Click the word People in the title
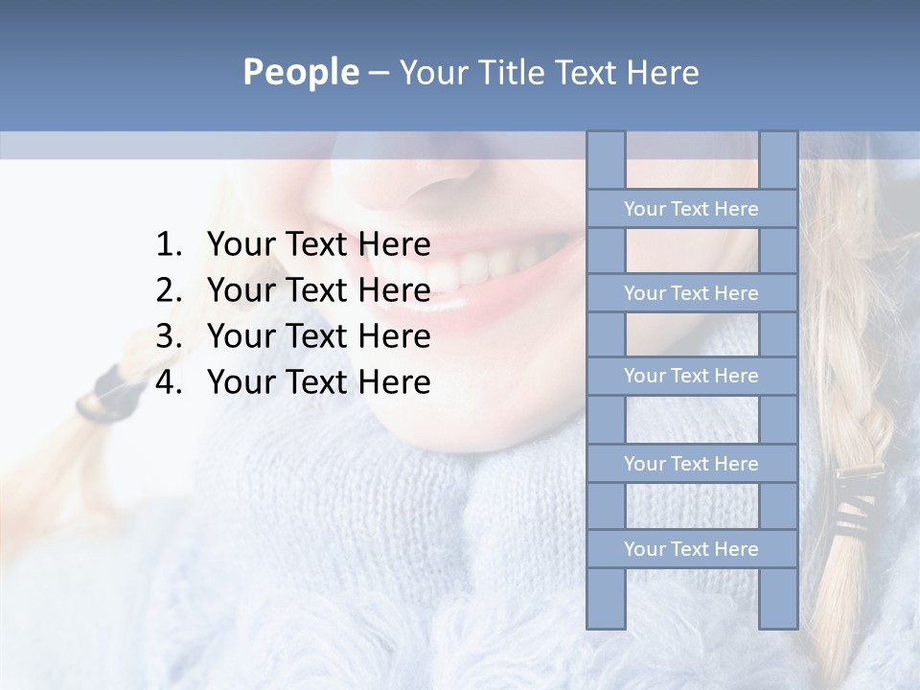(x=300, y=72)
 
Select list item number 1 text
(x=318, y=245)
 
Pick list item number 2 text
(x=318, y=290)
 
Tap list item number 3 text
(x=318, y=336)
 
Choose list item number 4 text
(x=318, y=382)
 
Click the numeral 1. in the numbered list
(x=169, y=245)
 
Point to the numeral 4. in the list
(x=169, y=382)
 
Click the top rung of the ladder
(x=691, y=209)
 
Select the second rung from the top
(x=691, y=293)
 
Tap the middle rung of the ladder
(x=691, y=376)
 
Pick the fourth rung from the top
(x=691, y=464)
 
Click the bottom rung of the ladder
(x=691, y=549)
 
